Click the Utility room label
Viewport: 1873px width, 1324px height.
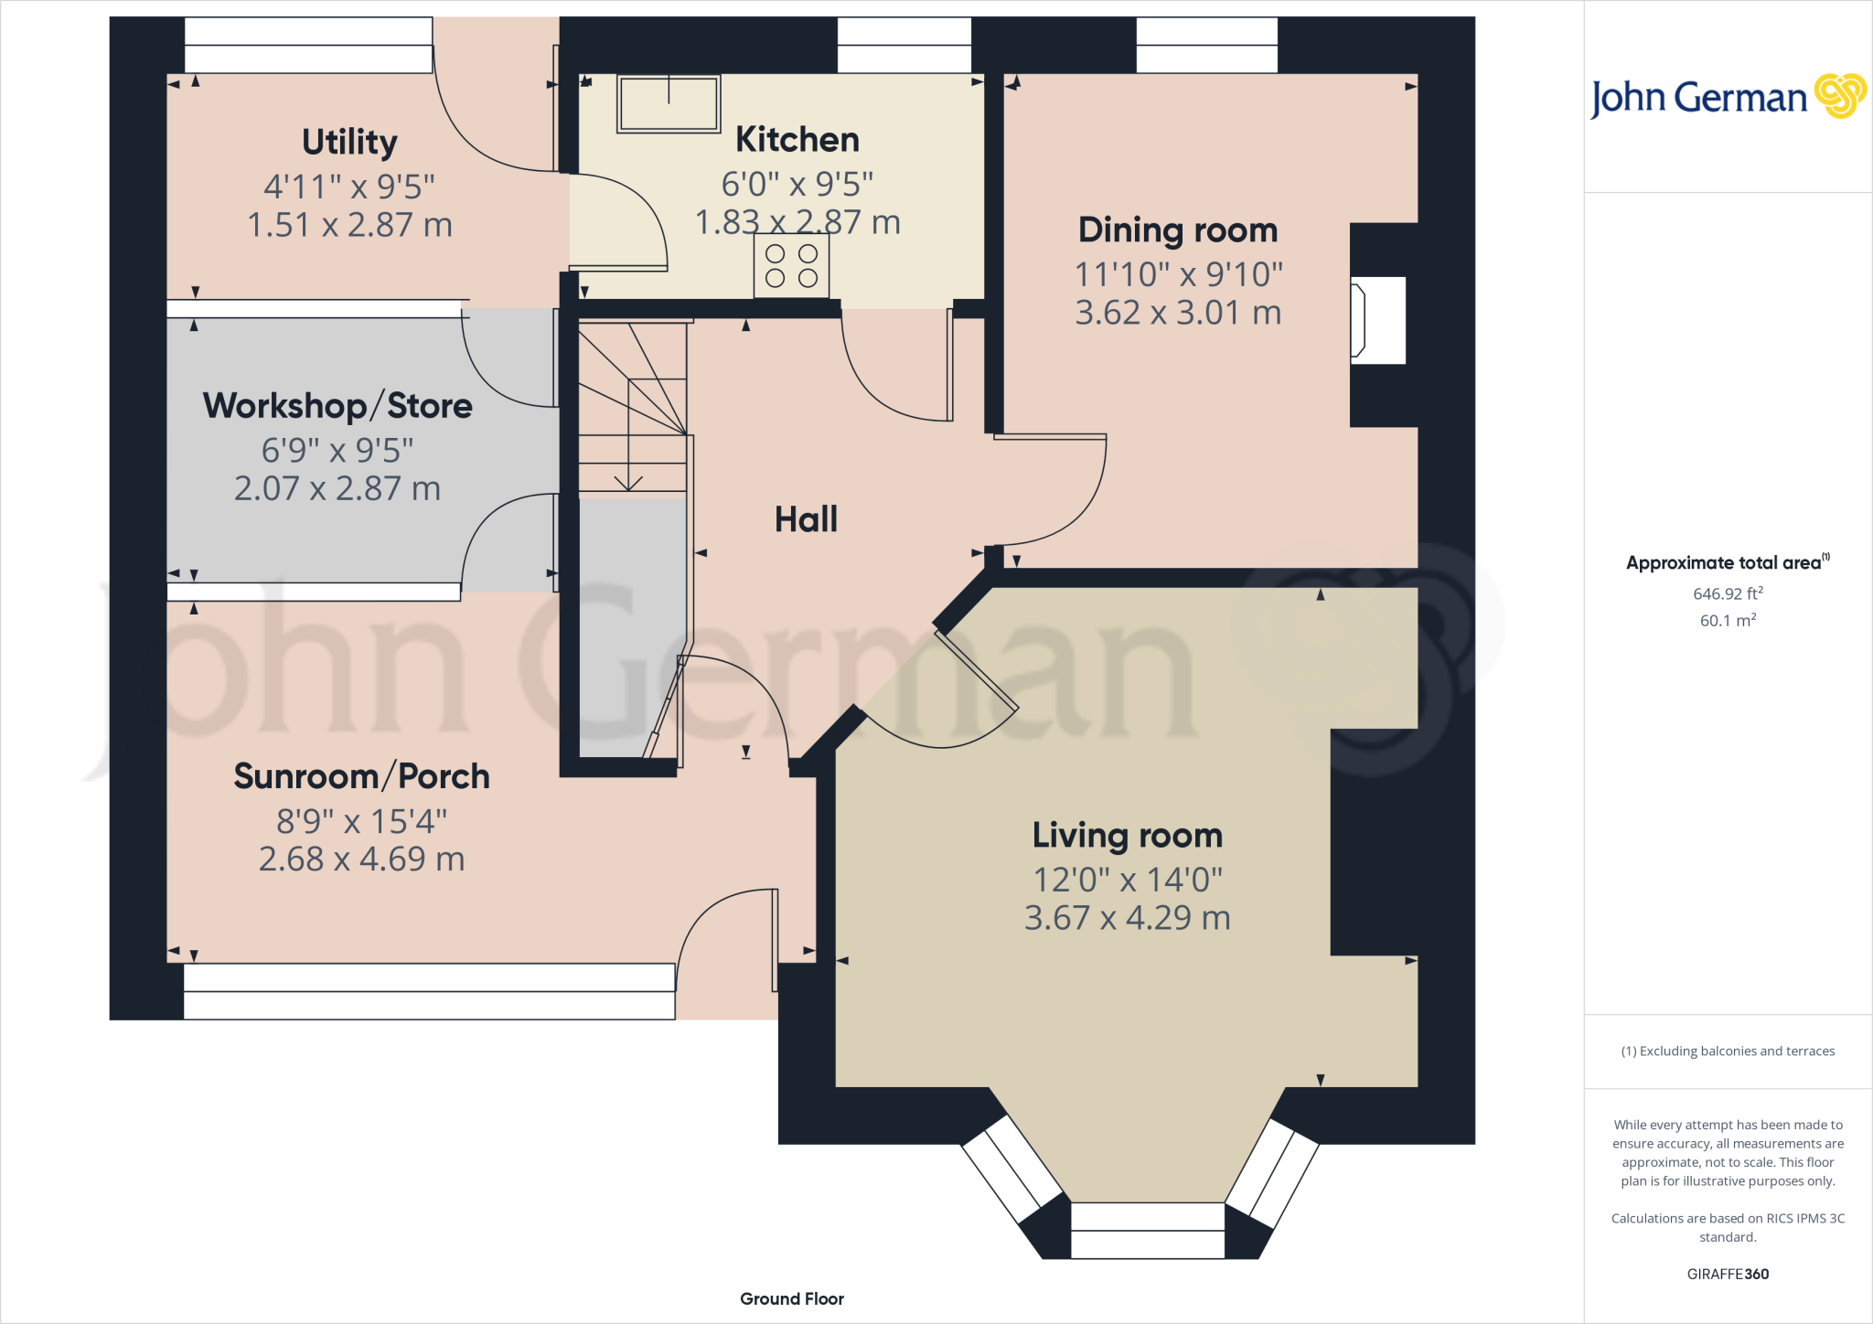pyautogui.click(x=349, y=142)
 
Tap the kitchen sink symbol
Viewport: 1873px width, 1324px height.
pyautogui.click(x=669, y=103)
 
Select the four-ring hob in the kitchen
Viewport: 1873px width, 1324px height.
pyautogui.click(x=791, y=266)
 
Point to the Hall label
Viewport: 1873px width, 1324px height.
pyautogui.click(x=806, y=519)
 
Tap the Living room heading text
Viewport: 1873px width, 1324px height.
pyautogui.click(x=1127, y=835)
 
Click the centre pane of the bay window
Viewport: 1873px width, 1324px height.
pyautogui.click(x=1147, y=1230)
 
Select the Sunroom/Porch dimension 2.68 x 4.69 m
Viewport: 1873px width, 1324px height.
pyautogui.click(x=361, y=860)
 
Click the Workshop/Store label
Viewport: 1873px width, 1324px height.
pyautogui.click(x=337, y=406)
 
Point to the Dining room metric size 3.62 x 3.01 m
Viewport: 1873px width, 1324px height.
pyautogui.click(x=1178, y=313)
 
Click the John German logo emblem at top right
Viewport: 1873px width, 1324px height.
pyautogui.click(x=1839, y=96)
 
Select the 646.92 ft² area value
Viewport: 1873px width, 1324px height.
pyautogui.click(x=1728, y=593)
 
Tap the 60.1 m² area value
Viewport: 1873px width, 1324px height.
pyautogui.click(x=1728, y=621)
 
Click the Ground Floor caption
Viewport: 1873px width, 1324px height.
pyautogui.click(x=791, y=1298)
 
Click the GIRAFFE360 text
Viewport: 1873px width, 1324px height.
pyautogui.click(x=1728, y=1274)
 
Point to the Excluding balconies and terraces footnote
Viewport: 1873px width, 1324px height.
pyautogui.click(x=1728, y=1052)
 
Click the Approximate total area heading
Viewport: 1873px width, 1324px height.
pyautogui.click(x=1726, y=563)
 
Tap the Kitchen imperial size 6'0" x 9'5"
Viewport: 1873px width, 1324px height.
pyautogui.click(x=797, y=184)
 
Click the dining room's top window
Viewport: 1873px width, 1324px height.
pyautogui.click(x=1206, y=46)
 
